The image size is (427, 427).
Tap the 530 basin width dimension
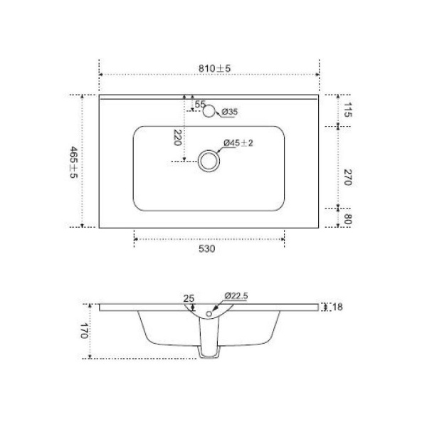pyautogui.click(x=207, y=249)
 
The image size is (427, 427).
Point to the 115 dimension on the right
pyautogui.click(x=348, y=110)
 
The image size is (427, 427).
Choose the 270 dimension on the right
pyautogui.click(x=348, y=177)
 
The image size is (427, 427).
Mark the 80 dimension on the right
pyautogui.click(x=348, y=218)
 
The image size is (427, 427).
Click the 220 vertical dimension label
pyautogui.click(x=176, y=137)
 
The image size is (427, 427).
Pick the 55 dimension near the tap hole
pyautogui.click(x=200, y=105)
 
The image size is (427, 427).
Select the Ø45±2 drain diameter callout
pyautogui.click(x=238, y=143)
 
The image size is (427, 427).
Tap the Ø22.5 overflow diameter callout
pyautogui.click(x=236, y=295)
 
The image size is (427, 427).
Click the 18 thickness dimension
pyautogui.click(x=337, y=307)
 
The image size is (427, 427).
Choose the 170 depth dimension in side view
pyautogui.click(x=83, y=331)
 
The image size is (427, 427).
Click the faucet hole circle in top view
pyautogui.click(x=209, y=111)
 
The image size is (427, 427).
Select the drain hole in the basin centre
pyautogui.click(x=209, y=161)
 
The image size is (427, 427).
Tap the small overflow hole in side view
pyautogui.click(x=209, y=312)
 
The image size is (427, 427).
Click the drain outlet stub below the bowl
pyautogui.click(x=209, y=352)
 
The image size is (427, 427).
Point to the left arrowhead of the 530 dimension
pyautogui.click(x=135, y=239)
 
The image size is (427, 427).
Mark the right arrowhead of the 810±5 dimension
pyautogui.click(x=316, y=74)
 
